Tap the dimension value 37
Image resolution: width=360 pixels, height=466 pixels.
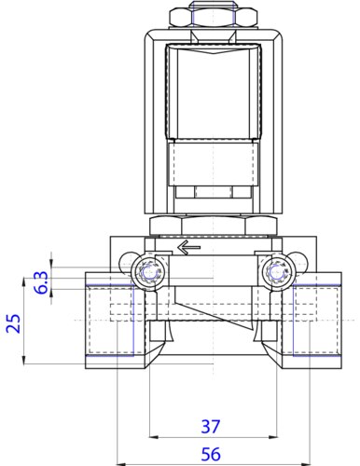click(211, 426)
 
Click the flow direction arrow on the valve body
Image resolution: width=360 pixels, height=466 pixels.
click(188, 248)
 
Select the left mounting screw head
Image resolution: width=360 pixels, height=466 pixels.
click(145, 272)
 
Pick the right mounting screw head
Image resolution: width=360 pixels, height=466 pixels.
click(274, 272)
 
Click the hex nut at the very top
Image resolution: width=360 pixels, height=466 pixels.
click(211, 17)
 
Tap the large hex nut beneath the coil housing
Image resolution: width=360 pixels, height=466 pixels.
click(211, 224)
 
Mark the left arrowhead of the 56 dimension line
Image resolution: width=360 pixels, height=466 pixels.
click(120, 463)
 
